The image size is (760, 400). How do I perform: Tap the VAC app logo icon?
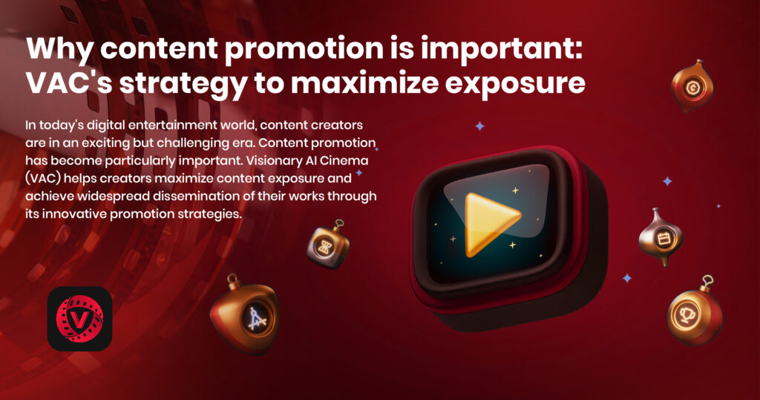point(79,318)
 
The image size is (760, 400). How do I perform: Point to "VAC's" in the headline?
point(69,83)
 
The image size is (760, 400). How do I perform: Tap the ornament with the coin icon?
point(692,86)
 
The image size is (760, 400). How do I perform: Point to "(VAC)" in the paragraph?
point(43,178)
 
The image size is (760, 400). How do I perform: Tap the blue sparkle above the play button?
point(480,126)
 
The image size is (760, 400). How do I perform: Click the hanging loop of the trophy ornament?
point(708,281)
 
